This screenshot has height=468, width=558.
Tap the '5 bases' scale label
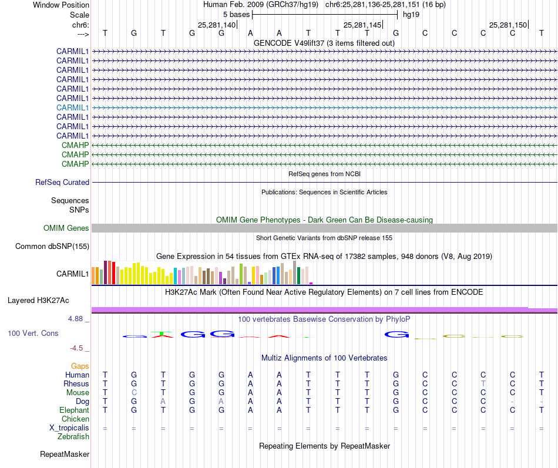236,14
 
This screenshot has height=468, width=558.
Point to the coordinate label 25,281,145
362,25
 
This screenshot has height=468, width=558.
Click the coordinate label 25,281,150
508,25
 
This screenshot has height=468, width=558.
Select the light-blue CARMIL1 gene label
73,107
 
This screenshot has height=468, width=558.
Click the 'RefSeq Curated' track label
62,183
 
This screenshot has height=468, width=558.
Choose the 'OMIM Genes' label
66,228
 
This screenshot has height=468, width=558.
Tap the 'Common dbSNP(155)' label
52,247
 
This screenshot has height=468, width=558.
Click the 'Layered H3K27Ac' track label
38,300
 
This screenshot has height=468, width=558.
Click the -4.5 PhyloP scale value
79,348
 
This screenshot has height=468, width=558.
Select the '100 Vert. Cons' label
33,333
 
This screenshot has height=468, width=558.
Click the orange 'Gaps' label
80,366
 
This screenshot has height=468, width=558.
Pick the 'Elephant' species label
75,410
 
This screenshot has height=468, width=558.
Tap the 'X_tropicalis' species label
69,427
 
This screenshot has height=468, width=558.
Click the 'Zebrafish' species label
73,436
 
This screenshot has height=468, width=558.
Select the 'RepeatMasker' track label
65,454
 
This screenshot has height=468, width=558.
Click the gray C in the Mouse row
134,392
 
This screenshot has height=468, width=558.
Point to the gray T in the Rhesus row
483,383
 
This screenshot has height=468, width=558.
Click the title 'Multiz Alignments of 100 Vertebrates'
324,358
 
